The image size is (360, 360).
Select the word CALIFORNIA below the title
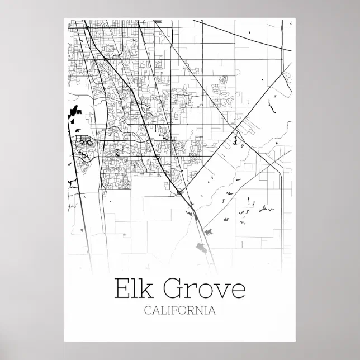pos(179,311)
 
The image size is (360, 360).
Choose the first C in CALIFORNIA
pos(148,311)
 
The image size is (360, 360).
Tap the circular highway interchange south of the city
pos(179,192)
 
